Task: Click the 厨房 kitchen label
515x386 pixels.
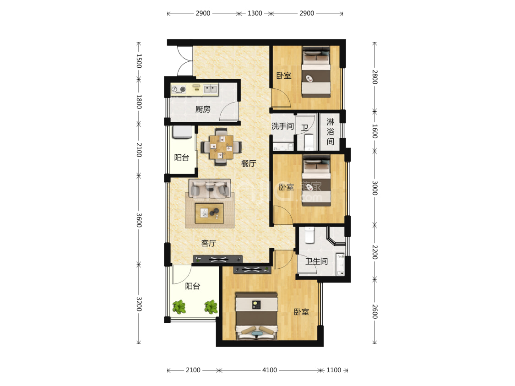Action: click(x=203, y=109)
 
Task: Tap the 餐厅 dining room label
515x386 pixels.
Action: click(x=248, y=163)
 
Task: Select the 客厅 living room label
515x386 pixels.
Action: click(x=209, y=243)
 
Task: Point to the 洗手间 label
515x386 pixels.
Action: click(x=282, y=126)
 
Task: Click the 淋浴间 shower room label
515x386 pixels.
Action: click(x=331, y=132)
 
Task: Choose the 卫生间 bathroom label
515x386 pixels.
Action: click(x=317, y=261)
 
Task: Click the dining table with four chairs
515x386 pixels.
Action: click(x=221, y=147)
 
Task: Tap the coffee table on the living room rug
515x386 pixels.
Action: click(x=209, y=213)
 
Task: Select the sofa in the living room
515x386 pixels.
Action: click(x=210, y=189)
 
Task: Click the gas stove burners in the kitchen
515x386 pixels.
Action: click(x=179, y=89)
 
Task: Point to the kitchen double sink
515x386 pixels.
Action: click(x=211, y=89)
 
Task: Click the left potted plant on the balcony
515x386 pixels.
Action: click(x=179, y=307)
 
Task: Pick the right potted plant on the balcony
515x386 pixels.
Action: click(x=211, y=307)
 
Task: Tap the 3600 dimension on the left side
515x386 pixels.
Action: click(x=139, y=220)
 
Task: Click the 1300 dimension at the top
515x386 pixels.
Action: click(x=255, y=13)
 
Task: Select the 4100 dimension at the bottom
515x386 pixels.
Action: click(x=269, y=370)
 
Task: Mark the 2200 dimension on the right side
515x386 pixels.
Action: click(x=375, y=252)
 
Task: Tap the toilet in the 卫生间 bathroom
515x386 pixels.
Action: click(x=309, y=235)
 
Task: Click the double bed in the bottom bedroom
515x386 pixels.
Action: click(x=257, y=316)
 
